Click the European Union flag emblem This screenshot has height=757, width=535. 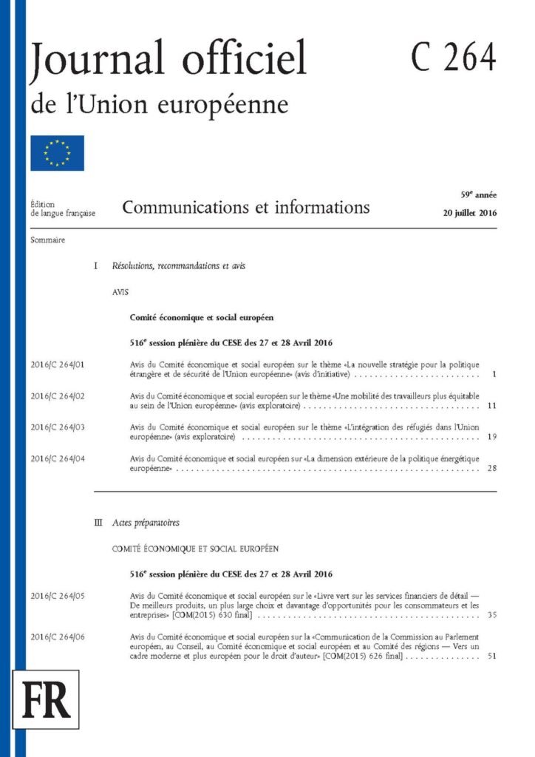(x=57, y=153)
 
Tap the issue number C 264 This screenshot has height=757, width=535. (x=453, y=57)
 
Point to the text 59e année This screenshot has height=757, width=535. (x=479, y=195)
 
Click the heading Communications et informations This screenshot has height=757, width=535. (x=246, y=207)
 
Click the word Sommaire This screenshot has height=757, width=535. (x=48, y=240)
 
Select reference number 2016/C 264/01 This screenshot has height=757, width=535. (x=58, y=364)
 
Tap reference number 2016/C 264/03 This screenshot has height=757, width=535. (x=58, y=427)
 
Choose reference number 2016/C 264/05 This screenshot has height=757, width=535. (x=58, y=595)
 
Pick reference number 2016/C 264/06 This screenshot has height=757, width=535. (x=58, y=637)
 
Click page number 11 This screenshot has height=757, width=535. (x=492, y=406)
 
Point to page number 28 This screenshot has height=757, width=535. (x=492, y=469)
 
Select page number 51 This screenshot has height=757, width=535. (x=492, y=657)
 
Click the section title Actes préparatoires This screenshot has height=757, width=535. (x=146, y=523)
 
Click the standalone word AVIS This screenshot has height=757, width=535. (x=120, y=292)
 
